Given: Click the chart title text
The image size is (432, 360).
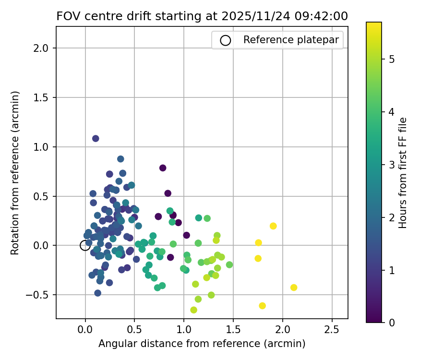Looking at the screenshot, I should (x=202, y=16).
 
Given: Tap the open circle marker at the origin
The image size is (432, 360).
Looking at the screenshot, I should (x=85, y=245).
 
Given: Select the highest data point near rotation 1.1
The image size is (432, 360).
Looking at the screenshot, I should (x=96, y=138).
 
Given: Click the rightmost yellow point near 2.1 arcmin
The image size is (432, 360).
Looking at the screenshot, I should (x=294, y=288).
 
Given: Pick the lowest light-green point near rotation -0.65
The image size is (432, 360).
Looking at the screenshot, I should (x=193, y=310).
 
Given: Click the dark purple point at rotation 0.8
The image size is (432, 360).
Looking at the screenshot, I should (x=163, y=168).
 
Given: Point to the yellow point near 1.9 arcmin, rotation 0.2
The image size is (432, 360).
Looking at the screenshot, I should (x=273, y=226).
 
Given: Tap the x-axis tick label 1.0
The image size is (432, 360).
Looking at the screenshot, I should (x=184, y=331).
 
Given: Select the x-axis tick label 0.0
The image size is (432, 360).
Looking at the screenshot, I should (x=85, y=331).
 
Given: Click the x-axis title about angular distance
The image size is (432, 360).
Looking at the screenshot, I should (x=202, y=344).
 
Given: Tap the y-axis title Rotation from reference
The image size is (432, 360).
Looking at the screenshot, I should (x=16, y=172).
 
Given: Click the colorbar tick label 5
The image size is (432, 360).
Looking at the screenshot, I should (x=391, y=60).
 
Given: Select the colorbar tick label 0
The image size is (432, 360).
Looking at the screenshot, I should (x=391, y=323).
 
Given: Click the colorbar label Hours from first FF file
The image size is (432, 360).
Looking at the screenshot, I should (x=403, y=172).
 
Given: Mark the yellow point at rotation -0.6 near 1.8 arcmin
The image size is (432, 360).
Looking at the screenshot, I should (x=262, y=306).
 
